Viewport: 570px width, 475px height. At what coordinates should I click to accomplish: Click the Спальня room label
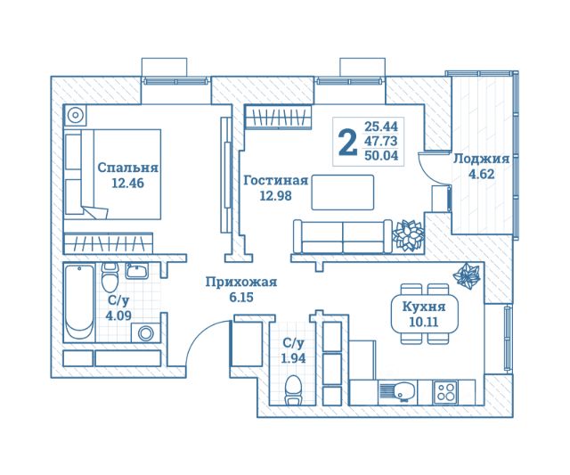(x=127, y=167)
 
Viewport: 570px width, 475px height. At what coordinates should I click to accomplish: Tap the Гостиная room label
(x=275, y=179)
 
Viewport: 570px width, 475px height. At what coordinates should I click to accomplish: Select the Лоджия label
(x=481, y=159)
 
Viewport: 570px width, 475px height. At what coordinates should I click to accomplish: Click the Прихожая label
(x=240, y=282)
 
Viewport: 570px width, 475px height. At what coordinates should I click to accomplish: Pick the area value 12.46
(x=127, y=184)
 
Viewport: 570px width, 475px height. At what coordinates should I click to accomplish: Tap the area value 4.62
(x=481, y=175)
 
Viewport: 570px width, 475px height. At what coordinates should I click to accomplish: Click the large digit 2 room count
(x=348, y=141)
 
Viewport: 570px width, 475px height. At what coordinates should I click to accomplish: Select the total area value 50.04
(x=380, y=155)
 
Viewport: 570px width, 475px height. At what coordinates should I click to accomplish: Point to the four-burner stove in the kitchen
(x=445, y=390)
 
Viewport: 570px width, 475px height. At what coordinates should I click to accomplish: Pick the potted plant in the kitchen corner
(x=467, y=277)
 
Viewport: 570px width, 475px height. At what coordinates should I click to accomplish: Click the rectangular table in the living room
(x=342, y=192)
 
